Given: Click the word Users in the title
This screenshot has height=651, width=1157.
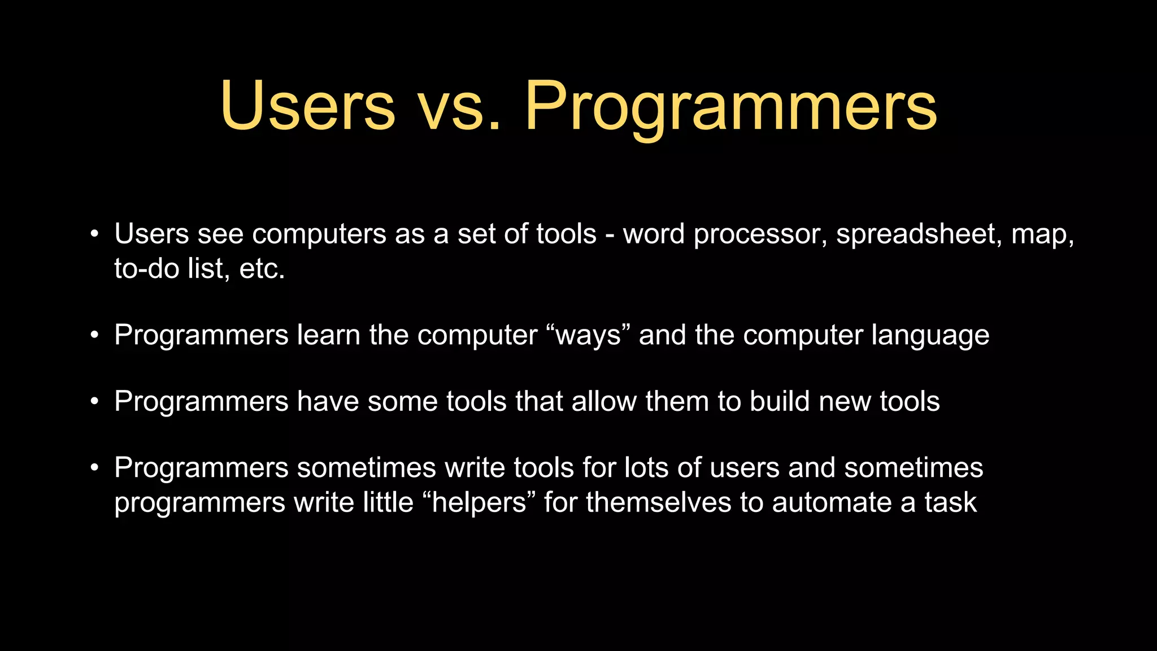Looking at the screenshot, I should point(308,106).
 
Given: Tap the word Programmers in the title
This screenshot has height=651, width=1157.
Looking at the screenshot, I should point(731,106).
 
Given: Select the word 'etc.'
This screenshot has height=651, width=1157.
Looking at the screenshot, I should point(262,268).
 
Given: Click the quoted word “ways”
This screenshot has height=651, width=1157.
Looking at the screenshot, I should point(588,335).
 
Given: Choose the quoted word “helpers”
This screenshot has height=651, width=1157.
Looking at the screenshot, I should point(479,502).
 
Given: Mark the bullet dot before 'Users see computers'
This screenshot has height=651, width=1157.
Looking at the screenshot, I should point(95,234).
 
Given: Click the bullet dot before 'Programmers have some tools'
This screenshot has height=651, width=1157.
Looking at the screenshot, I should point(95,402).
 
